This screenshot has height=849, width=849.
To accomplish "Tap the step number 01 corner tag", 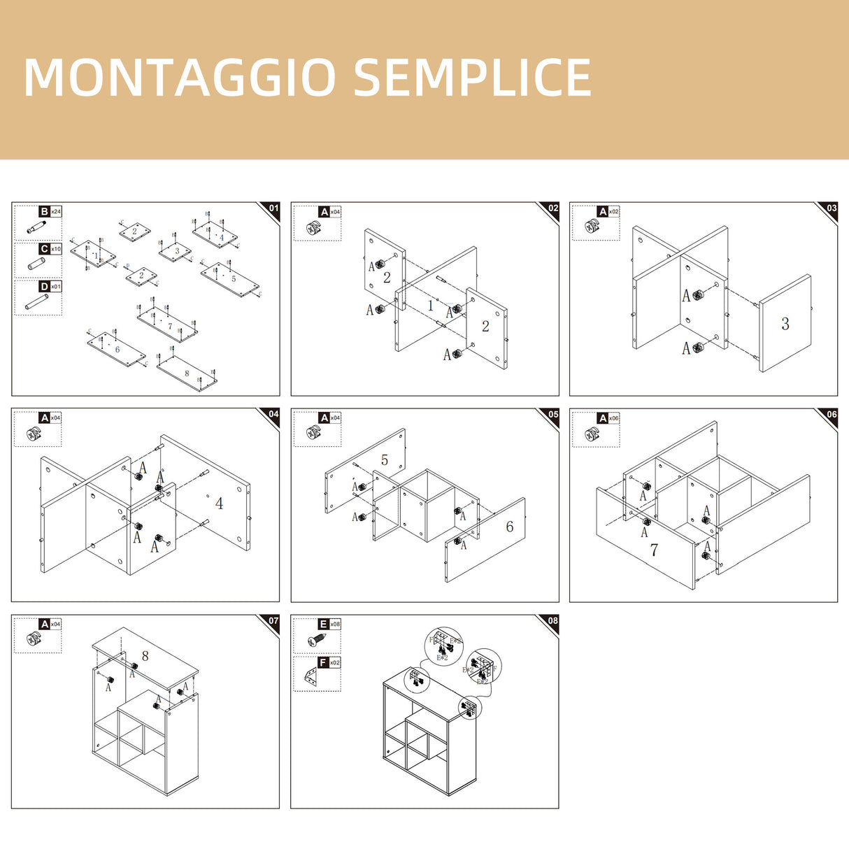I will [273, 208].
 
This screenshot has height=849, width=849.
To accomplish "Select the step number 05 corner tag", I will [553, 415].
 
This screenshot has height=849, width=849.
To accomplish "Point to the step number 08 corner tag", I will [553, 621].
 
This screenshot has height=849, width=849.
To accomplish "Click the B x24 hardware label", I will [50, 211].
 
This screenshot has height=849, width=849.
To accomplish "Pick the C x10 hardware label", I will [50, 249].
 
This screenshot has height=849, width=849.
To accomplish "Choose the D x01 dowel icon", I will [34, 302].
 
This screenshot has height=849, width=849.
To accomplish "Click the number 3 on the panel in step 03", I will [785, 323].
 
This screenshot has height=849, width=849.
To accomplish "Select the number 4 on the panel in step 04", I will [219, 504].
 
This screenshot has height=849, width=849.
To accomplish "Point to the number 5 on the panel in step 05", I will [385, 459].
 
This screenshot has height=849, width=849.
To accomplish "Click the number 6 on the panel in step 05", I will [510, 527].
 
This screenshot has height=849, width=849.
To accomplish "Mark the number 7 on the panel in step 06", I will [654, 550].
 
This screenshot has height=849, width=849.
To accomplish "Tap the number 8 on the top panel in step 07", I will [145, 656].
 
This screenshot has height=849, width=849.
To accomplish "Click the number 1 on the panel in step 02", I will [431, 306].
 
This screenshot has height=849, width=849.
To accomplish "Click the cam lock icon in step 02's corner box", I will [314, 227].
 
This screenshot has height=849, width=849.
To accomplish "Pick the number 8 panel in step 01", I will [187, 373].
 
